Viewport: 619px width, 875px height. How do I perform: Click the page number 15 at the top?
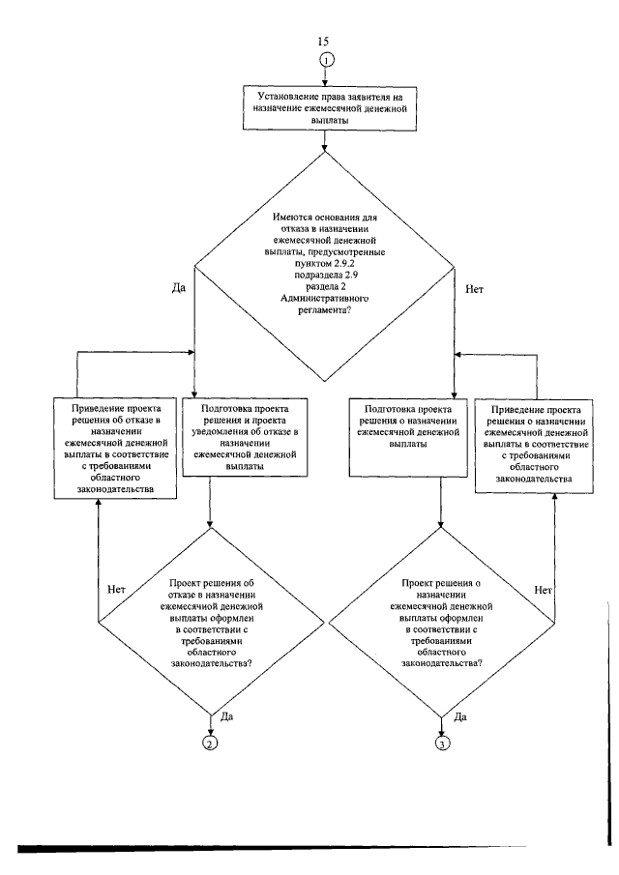[323, 42]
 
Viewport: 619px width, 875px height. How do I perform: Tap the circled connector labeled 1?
[325, 60]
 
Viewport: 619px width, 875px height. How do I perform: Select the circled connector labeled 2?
[210, 743]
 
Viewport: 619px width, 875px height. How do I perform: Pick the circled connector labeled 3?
[441, 744]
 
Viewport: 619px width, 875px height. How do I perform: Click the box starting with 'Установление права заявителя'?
[329, 109]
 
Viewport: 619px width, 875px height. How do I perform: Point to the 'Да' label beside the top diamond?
[178, 288]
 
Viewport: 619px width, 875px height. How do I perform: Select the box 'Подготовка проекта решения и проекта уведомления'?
[245, 437]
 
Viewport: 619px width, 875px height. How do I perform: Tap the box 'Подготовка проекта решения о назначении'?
[408, 437]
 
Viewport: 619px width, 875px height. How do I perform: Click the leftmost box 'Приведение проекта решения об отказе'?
[115, 448]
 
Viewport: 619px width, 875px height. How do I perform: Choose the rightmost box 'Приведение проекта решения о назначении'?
[534, 445]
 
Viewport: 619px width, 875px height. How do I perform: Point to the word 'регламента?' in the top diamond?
[324, 309]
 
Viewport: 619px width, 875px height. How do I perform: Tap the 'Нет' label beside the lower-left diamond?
[116, 589]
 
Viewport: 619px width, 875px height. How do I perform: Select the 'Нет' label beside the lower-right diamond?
[544, 590]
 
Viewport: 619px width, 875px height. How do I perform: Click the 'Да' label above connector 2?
[226, 716]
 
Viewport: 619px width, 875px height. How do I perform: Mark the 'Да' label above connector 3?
[460, 717]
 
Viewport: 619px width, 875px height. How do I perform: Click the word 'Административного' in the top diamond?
[324, 298]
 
